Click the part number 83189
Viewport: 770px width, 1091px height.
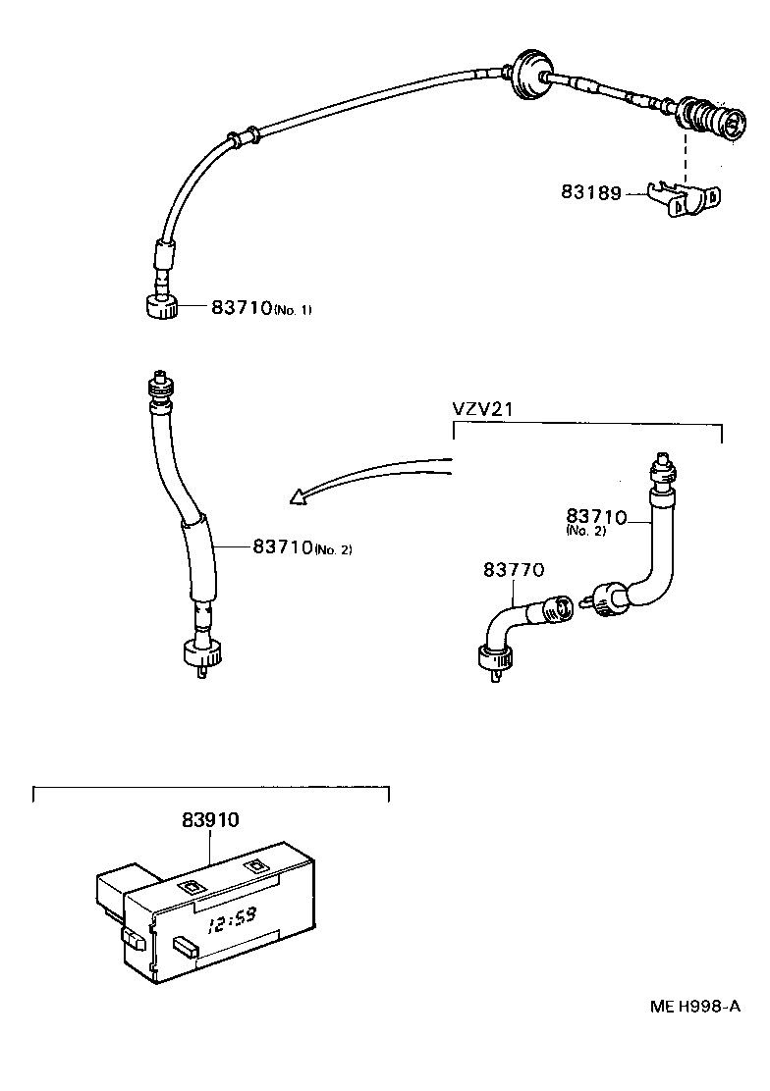[x=590, y=193]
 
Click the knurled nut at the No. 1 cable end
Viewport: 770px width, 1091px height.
[x=160, y=307]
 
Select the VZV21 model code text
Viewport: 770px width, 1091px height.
[x=482, y=410]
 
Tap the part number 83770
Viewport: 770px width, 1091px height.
[x=514, y=569]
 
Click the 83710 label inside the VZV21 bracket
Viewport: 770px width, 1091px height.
[x=595, y=516]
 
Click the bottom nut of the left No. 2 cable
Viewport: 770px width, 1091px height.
[x=202, y=653]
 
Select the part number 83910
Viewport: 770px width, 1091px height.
[x=210, y=819]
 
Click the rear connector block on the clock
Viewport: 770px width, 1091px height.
[x=118, y=888]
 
